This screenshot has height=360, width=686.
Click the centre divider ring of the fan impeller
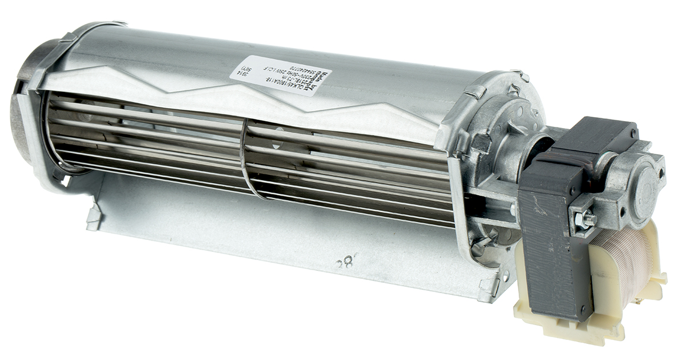[245, 160]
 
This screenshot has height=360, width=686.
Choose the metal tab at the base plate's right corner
[489, 289]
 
